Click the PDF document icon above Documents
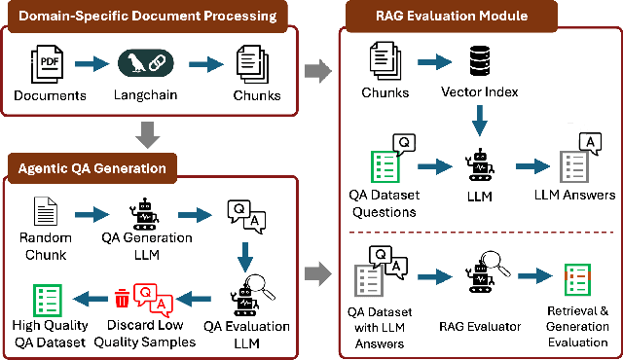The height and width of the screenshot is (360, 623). (49, 64)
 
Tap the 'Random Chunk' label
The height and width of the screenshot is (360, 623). (46, 246)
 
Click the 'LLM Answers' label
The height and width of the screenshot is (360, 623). (575, 196)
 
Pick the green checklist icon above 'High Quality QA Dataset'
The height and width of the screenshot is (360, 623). (45, 298)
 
